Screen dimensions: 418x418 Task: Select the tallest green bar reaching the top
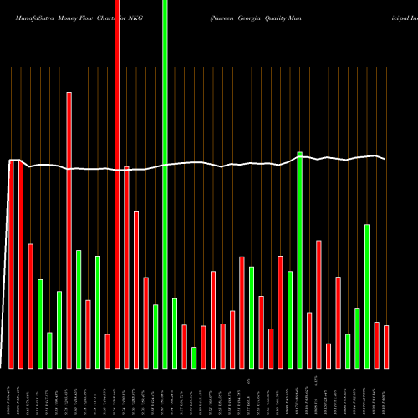point(165,184)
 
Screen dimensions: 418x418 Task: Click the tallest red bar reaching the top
point(117,184)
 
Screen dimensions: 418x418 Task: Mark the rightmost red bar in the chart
point(386,347)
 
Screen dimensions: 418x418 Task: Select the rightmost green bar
point(367,296)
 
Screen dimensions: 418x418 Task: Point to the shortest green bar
point(194,358)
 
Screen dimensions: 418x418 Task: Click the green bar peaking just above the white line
point(299,260)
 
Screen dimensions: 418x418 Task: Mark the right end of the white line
point(385,159)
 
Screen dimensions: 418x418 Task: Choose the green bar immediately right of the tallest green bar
point(175,333)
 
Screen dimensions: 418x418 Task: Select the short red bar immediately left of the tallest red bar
point(108,351)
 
